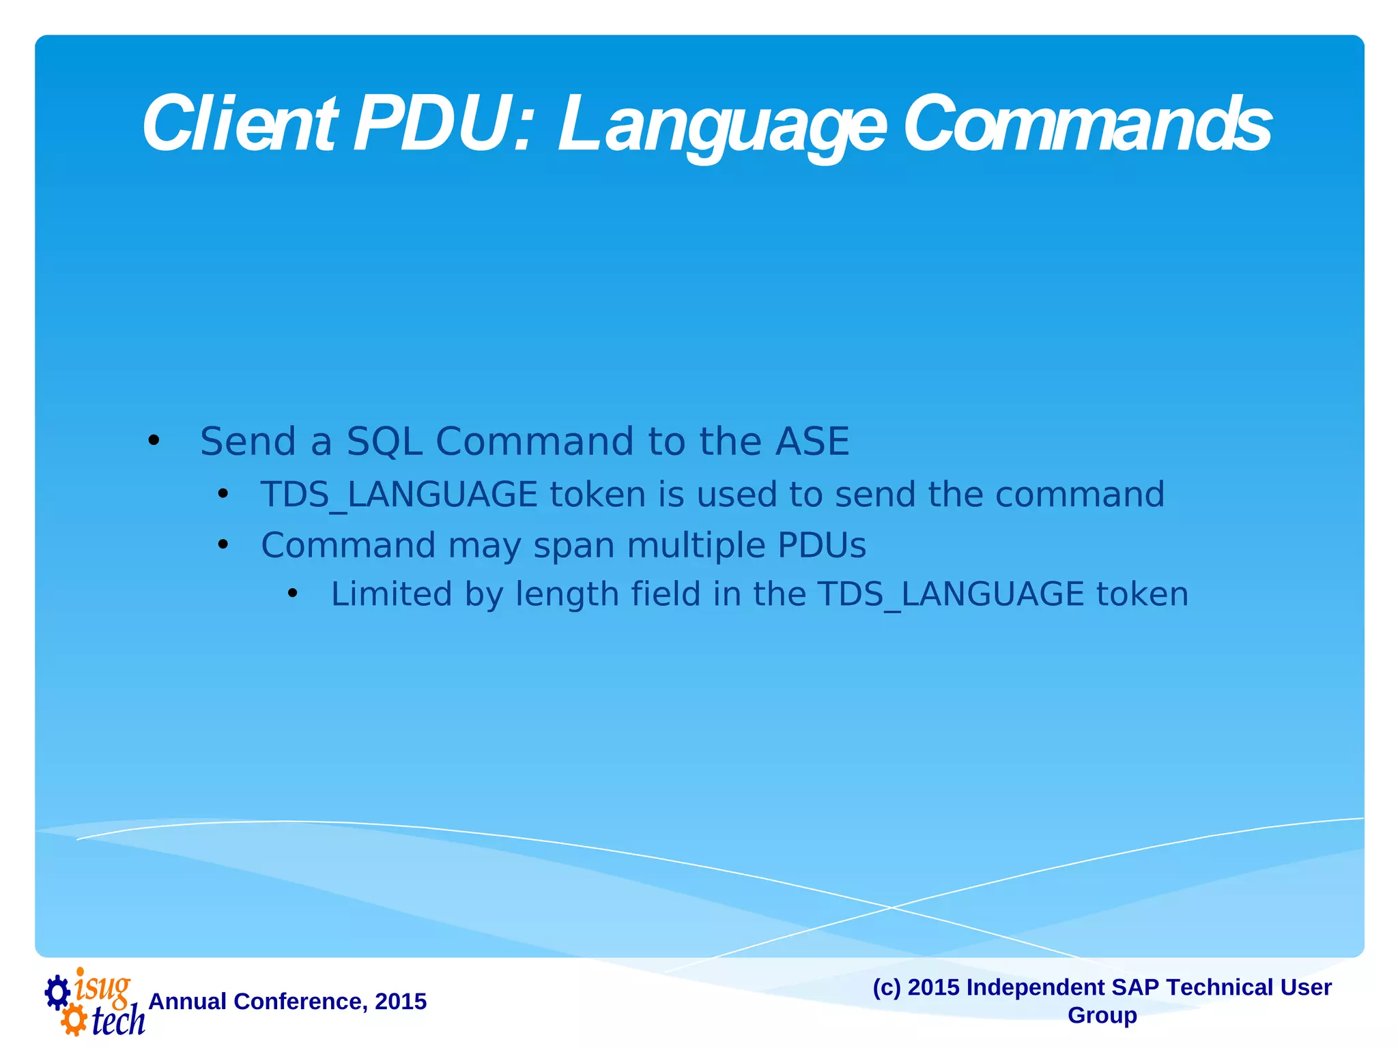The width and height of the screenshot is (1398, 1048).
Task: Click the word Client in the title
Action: tap(239, 125)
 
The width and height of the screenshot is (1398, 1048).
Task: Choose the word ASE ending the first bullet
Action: tap(812, 441)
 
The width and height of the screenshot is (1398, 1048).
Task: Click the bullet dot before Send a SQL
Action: tap(154, 441)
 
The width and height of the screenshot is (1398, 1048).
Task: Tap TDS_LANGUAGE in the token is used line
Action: tap(399, 495)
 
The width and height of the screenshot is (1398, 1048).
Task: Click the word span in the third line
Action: tap(573, 546)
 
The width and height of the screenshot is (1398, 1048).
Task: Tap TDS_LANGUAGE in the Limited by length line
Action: tap(950, 594)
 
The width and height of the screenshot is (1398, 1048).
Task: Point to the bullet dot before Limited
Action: tap(293, 594)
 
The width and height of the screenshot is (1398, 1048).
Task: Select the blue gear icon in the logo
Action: tap(57, 992)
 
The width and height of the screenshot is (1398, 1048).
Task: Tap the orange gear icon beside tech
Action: tap(74, 1021)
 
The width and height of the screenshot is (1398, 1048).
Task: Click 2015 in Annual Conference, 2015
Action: tap(401, 1002)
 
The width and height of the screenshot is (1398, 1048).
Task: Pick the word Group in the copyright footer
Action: tap(1102, 1015)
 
